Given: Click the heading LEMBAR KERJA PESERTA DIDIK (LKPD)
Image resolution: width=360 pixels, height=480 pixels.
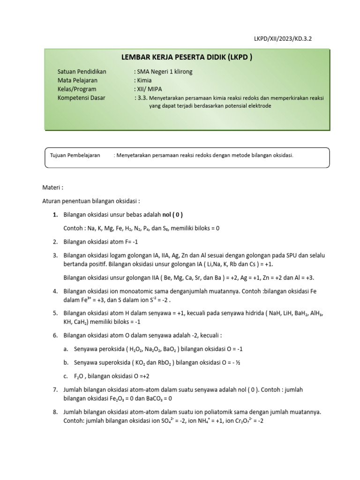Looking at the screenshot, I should [x=187, y=58].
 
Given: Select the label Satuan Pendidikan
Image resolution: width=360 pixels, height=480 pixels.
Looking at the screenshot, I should [x=82, y=72].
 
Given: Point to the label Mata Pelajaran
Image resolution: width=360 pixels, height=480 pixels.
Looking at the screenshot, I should [x=77, y=80].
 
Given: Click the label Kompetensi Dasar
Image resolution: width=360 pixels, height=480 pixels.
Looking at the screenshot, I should [x=81, y=97].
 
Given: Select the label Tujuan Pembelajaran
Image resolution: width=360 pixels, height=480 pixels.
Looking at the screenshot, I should [x=75, y=155].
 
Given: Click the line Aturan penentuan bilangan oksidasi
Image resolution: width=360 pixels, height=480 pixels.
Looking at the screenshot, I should [x=91, y=201].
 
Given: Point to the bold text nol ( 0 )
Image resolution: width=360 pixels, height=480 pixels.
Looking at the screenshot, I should [x=172, y=214].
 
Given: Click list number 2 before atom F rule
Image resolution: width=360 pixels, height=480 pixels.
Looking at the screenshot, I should [x=55, y=241].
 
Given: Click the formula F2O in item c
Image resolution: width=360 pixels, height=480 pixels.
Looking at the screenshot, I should [x=79, y=376].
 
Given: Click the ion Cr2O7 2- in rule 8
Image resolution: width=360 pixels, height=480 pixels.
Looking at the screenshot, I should [x=252, y=420].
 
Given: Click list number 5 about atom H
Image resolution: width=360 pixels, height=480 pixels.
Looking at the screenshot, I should [x=55, y=313].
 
